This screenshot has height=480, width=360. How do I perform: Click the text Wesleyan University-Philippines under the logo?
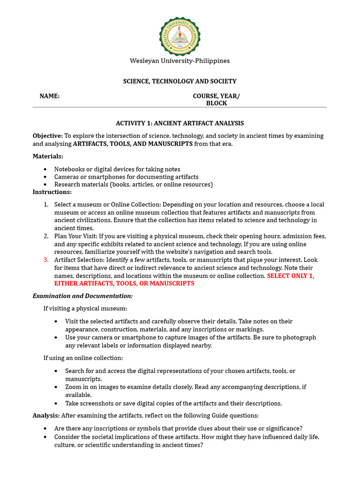[180, 61]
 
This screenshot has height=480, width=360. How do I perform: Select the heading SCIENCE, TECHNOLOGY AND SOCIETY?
[180, 81]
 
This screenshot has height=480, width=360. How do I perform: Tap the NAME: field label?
[49, 96]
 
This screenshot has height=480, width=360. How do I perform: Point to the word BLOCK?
[217, 103]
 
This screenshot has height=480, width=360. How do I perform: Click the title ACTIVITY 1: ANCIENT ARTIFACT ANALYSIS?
[180, 123]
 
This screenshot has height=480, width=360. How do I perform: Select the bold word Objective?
[47, 136]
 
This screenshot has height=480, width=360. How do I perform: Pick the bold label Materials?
[48, 156]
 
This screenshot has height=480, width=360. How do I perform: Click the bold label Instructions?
[52, 192]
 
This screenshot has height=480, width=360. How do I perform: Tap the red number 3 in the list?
[46, 260]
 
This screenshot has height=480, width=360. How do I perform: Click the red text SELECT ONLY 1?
[291, 276]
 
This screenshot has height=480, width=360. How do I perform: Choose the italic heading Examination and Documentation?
[82, 296]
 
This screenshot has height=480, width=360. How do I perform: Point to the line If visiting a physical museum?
[85, 308]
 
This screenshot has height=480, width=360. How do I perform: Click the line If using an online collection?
[83, 358]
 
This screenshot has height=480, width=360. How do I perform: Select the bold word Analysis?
[46, 415]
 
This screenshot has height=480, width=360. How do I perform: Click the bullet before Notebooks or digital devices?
[45, 169]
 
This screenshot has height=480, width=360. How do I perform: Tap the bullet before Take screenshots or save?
[56, 403]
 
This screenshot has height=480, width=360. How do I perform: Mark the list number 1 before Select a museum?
[46, 204]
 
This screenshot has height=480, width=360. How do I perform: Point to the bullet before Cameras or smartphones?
[45, 177]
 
